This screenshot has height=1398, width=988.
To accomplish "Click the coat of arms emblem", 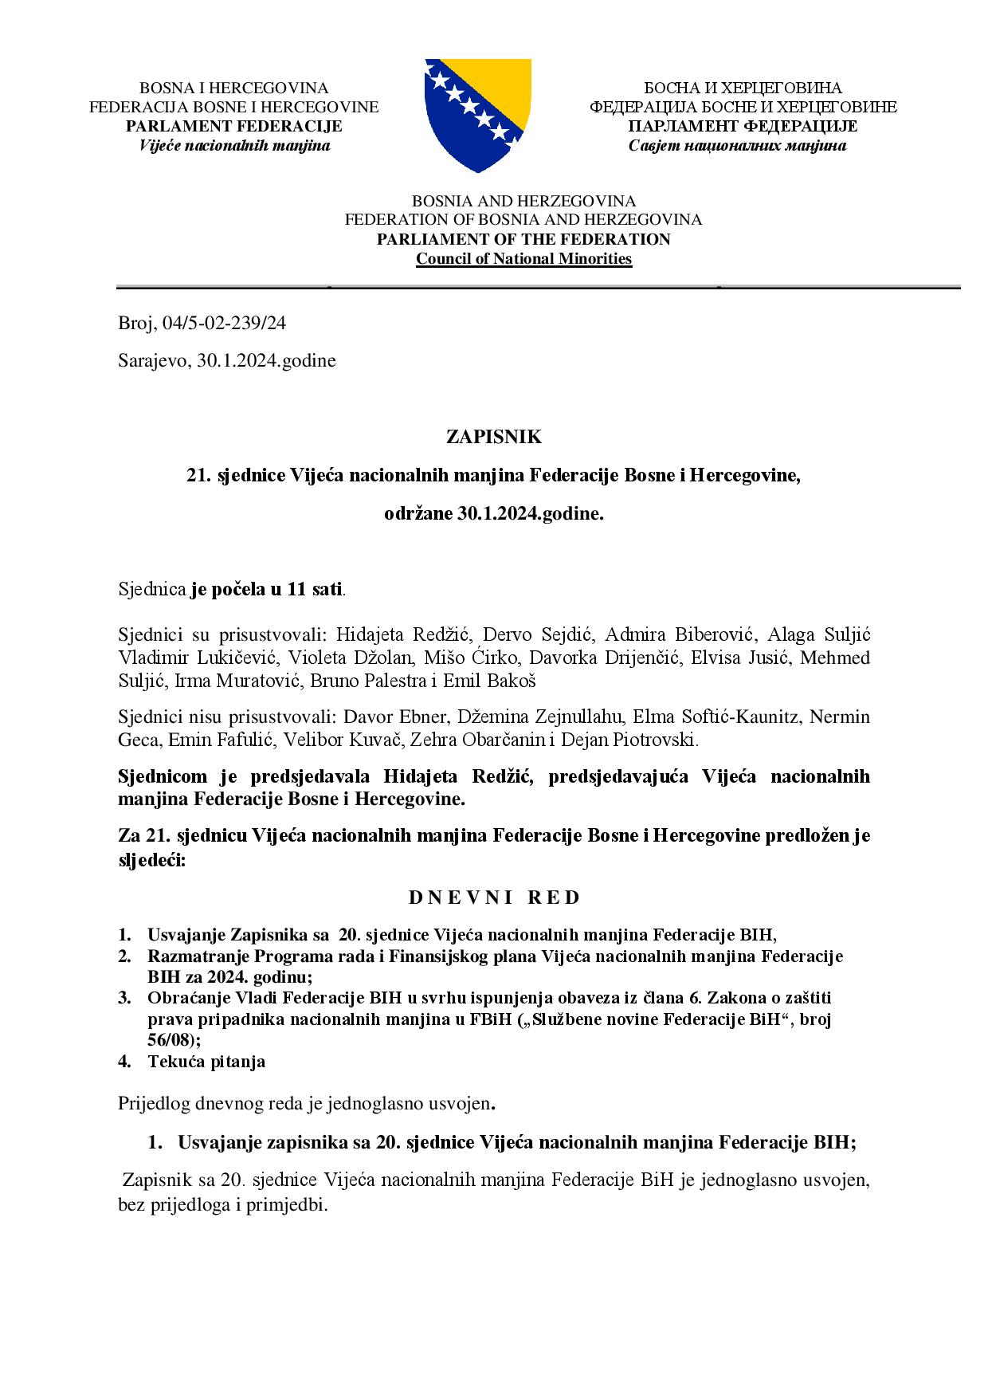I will tap(477, 115).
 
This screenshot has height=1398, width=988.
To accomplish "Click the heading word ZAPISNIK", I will tap(493, 437).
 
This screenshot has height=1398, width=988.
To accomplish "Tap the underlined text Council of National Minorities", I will tap(523, 259).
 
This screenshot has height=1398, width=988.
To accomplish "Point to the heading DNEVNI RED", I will tap(494, 897).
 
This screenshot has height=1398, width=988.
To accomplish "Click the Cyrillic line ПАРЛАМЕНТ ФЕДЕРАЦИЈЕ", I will tap(742, 126).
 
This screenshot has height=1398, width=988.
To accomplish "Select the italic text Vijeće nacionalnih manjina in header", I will tap(234, 145).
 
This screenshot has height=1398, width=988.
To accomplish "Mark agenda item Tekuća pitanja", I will tap(206, 1062).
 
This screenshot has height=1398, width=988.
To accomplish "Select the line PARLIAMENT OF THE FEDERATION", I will tap(523, 239).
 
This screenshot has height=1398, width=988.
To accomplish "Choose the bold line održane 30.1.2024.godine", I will tap(493, 514).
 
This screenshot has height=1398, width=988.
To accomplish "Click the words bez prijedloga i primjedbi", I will tap(222, 1205).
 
